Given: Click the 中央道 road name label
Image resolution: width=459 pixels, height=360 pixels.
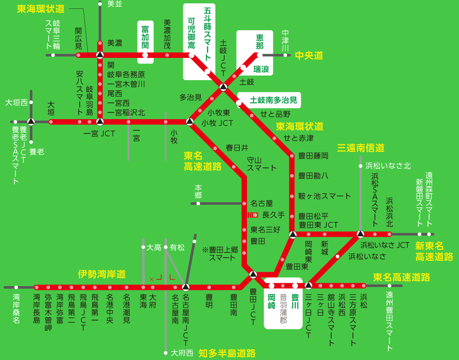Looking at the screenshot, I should coord(309,55).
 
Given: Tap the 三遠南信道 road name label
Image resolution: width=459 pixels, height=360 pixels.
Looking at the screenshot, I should coord(361,148).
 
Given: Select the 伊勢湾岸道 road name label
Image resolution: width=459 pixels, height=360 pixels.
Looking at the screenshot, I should coord(102,274).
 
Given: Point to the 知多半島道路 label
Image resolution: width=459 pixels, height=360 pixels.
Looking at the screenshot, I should coord(227,353).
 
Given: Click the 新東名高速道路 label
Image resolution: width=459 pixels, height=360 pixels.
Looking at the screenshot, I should coord(434,251).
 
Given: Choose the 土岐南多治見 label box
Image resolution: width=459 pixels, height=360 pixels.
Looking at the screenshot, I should coord(273,100).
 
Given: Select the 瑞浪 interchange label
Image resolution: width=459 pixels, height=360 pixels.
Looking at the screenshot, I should coord(261,69).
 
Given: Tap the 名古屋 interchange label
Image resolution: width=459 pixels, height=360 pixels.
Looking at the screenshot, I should coord(262,203).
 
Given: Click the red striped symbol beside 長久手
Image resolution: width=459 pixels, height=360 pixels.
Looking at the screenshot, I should coord(253,215).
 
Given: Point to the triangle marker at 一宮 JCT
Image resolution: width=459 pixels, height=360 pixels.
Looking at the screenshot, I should coord(100,122).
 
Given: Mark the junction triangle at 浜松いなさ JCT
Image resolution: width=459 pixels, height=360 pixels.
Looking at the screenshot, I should coord(360,234).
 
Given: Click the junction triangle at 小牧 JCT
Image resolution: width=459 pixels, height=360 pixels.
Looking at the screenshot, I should coord(189,122).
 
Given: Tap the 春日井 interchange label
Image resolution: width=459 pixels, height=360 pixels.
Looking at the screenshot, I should coord(237,148).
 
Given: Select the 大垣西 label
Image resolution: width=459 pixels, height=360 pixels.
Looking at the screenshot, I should coord(16,102).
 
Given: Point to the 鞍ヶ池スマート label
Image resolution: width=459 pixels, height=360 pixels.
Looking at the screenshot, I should coord(324,196).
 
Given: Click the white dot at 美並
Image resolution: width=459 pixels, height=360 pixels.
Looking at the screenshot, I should coord(100,4).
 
